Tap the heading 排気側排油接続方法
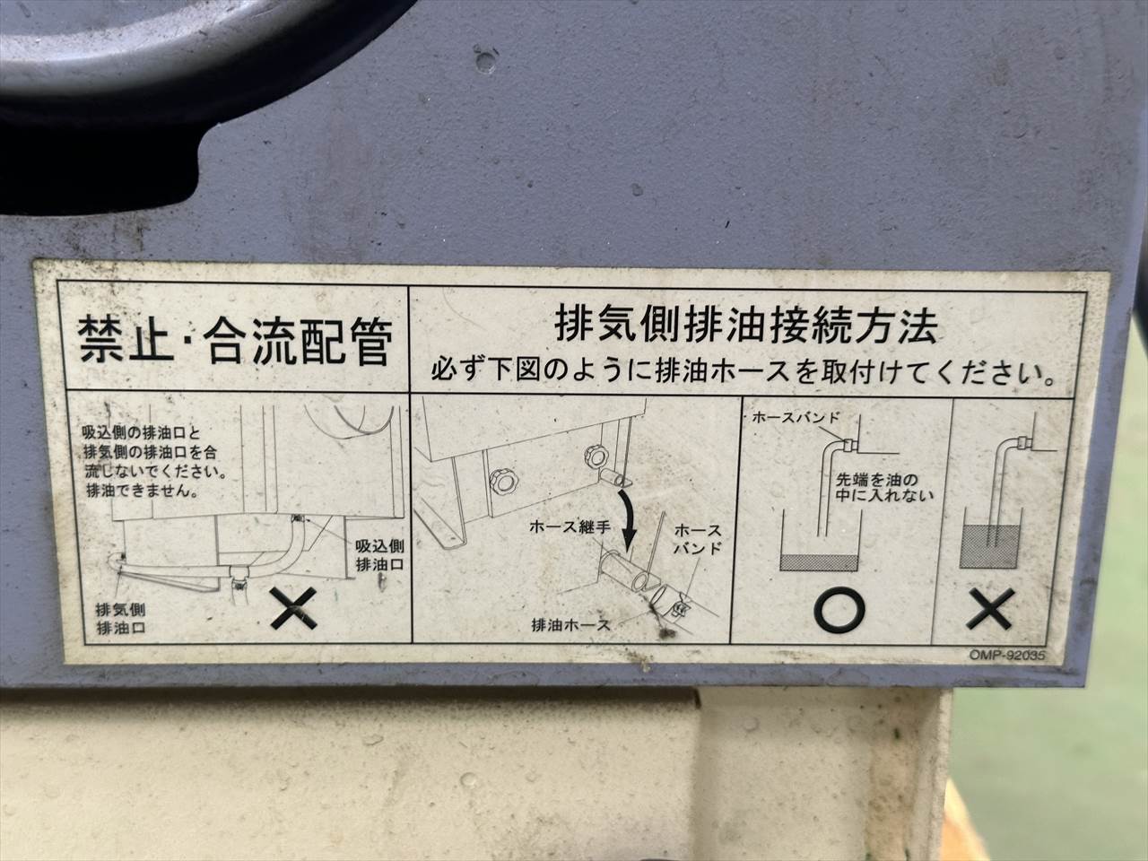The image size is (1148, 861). click(x=746, y=326)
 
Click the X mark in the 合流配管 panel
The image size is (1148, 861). click(x=294, y=607)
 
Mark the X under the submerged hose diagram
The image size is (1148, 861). click(x=990, y=608)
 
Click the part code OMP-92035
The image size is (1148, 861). click(x=1007, y=655)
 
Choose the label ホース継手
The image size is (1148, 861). click(x=570, y=527)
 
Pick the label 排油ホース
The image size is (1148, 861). click(x=570, y=624)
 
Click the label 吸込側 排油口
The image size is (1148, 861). click(x=379, y=555)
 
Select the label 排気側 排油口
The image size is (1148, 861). click(x=121, y=619)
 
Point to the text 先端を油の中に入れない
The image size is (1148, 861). click(x=884, y=487)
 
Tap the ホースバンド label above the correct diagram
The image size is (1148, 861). click(x=796, y=417)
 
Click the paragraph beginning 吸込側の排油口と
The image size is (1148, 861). click(x=155, y=462)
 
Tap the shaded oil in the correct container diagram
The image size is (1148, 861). click(x=819, y=562)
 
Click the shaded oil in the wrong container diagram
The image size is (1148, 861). click(x=990, y=547)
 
